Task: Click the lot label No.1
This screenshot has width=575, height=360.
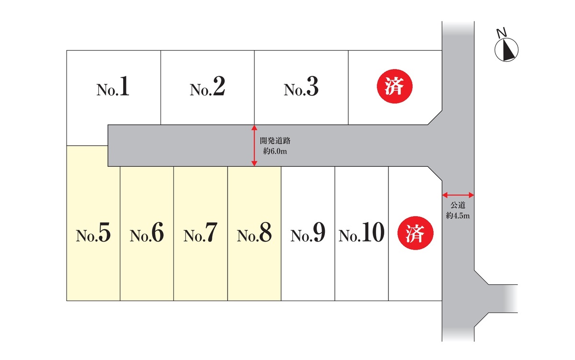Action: [x=113, y=89]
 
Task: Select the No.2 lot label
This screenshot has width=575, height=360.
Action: [x=207, y=89]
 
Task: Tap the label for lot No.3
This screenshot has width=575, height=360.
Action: [x=301, y=89]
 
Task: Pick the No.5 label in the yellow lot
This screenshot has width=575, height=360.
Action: [x=93, y=234]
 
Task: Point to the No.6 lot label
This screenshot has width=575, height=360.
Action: [x=147, y=234]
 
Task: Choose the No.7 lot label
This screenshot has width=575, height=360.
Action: [x=200, y=234]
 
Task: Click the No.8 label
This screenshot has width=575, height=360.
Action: [x=254, y=234]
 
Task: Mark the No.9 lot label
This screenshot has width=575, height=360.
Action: [x=308, y=234]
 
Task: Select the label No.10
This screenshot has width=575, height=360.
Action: [x=362, y=234]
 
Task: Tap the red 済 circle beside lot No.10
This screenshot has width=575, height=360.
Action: [x=416, y=235]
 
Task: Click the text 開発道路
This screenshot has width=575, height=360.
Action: [x=276, y=141]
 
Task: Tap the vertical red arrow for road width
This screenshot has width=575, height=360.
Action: [x=254, y=146]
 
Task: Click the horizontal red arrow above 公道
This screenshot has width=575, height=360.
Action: [x=458, y=195]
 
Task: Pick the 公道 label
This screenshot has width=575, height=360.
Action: [x=458, y=206]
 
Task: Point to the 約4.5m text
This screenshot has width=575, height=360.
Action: [x=458, y=216]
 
